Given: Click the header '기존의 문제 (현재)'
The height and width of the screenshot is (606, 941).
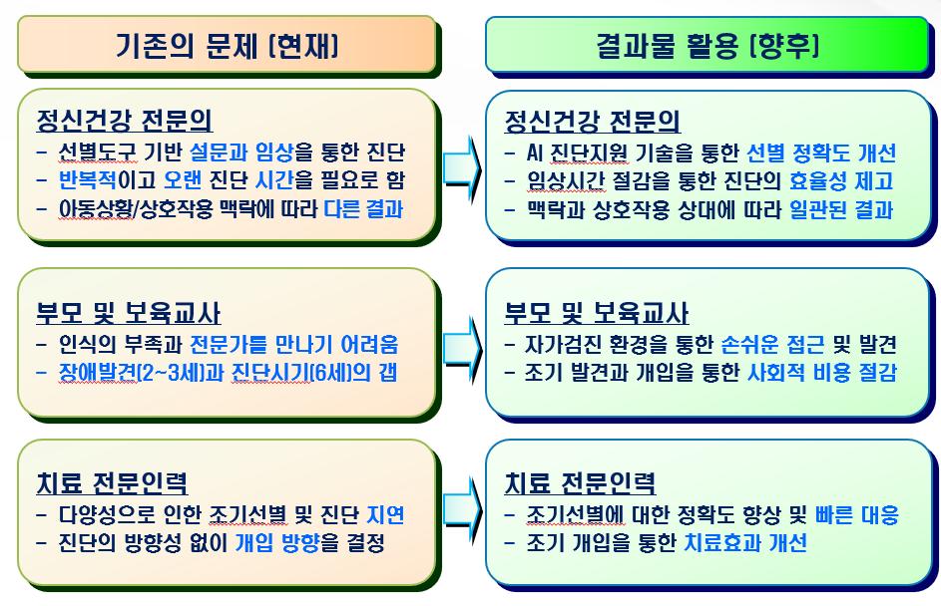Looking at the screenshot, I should pos(227,45).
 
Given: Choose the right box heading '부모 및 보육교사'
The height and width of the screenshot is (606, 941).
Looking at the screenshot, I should pos(596,314).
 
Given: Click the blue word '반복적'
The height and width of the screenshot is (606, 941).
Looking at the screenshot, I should pos(89,181).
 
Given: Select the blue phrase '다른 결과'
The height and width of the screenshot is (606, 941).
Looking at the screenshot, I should pos(368,210).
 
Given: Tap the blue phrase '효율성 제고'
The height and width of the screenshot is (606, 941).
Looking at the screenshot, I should pos(840,181).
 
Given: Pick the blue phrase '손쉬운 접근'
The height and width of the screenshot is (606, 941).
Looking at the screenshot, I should pos(771,345).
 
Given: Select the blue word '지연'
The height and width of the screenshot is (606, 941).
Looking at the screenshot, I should pos(383,515).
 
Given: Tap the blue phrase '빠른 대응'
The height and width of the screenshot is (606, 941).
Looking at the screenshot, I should pos(855,515).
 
